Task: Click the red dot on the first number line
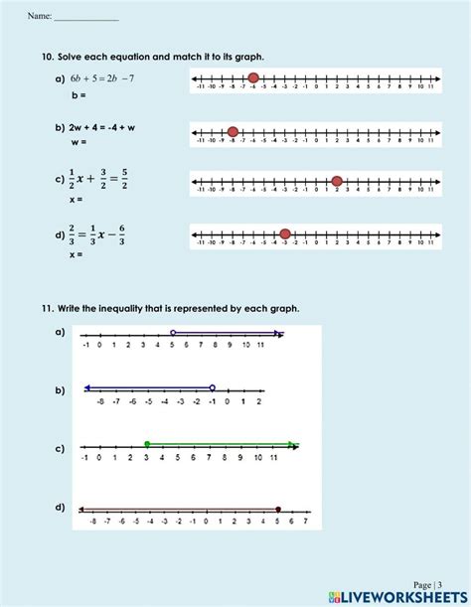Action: [x=253, y=77]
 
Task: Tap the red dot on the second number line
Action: [x=233, y=131]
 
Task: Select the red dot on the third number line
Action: [x=337, y=181]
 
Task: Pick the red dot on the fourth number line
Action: [x=285, y=234]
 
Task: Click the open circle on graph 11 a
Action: [x=173, y=333]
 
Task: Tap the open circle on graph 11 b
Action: [x=213, y=387]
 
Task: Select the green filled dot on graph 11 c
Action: [x=147, y=444]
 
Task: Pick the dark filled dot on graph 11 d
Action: [x=278, y=509]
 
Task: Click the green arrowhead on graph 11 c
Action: [x=293, y=444]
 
